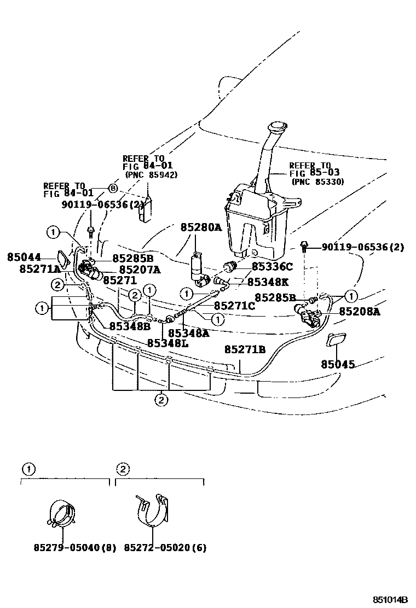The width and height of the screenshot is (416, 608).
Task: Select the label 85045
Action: pyautogui.click(x=338, y=364)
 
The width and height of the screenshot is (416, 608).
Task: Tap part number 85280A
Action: pyautogui.click(x=201, y=227)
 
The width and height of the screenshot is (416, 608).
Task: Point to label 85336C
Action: pyautogui.click(x=273, y=267)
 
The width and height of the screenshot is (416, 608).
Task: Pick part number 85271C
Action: pyautogui.click(x=235, y=306)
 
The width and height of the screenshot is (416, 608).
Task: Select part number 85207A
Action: pyautogui.click(x=140, y=269)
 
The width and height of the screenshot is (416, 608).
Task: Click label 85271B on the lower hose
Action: pyautogui.click(x=245, y=349)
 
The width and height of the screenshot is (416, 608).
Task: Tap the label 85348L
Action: pyautogui.click(x=167, y=343)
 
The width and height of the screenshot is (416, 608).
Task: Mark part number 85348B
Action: pyautogui.click(x=130, y=326)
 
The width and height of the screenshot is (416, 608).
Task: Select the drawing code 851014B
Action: pyautogui.click(x=391, y=599)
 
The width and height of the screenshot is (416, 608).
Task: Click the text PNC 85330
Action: pyautogui.click(x=317, y=182)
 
